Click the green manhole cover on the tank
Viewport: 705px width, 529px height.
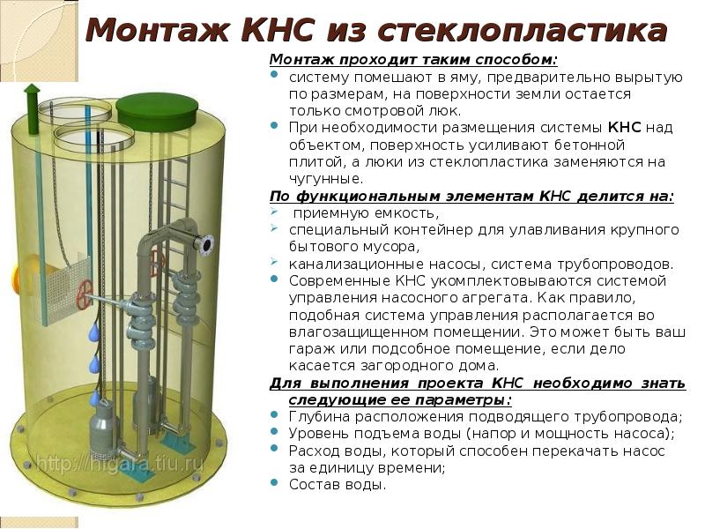157,112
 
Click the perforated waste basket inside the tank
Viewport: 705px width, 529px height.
62,289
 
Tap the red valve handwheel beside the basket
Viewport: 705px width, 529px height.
84,294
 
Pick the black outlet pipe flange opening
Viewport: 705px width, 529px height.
207,246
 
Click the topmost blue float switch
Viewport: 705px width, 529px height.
94,332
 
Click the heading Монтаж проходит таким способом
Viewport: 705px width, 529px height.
413,60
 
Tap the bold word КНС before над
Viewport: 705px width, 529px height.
624,127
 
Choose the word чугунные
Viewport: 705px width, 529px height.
325,179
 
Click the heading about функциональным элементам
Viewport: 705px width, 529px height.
471,197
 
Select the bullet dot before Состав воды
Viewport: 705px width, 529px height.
274,482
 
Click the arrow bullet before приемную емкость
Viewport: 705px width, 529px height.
274,211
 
